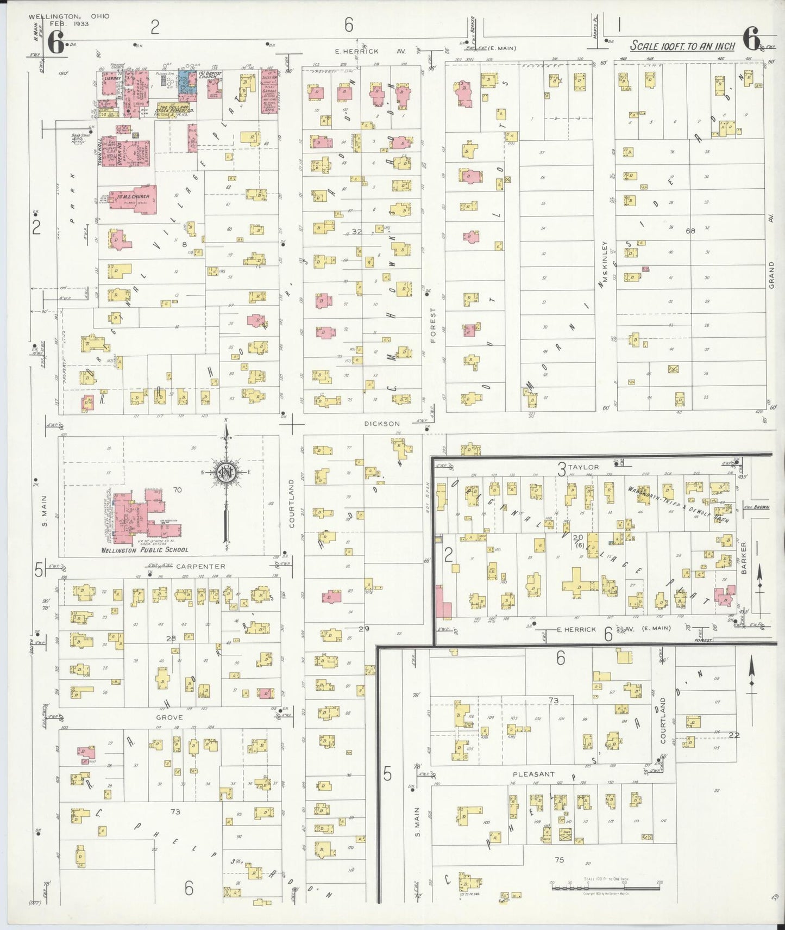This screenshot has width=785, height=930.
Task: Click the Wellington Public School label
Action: pyautogui.click(x=145, y=550)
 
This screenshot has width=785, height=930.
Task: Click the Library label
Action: pyautogui.click(x=112, y=78)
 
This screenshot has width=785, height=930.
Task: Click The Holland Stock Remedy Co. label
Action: pyautogui.click(x=173, y=109)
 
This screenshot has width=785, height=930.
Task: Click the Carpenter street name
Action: pyautogui.click(x=200, y=566)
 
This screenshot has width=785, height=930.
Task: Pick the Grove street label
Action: pyautogui.click(x=169, y=717)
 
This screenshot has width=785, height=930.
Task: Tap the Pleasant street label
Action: pyautogui.click(x=534, y=774)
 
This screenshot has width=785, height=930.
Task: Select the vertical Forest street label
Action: pyautogui.click(x=433, y=325)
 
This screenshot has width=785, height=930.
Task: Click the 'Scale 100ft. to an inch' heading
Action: pyautogui.click(x=682, y=46)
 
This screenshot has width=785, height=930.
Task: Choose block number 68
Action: pyautogui.click(x=690, y=231)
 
